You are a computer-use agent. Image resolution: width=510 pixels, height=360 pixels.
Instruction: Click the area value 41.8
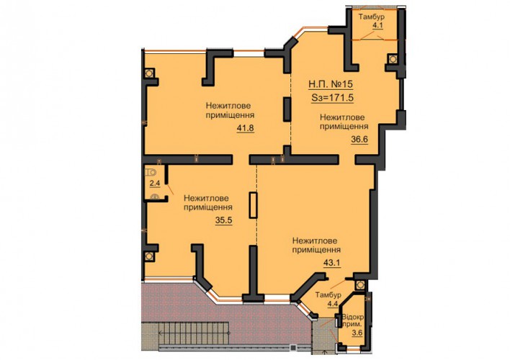245,128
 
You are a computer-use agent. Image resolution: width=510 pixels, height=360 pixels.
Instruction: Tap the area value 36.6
359,139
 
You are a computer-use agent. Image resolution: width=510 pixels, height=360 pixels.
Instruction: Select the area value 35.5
223,220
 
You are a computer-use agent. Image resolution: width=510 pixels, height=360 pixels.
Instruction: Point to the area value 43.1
332,263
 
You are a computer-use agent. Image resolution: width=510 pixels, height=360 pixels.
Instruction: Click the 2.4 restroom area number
154,184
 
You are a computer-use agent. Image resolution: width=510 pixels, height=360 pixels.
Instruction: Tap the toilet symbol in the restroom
151,171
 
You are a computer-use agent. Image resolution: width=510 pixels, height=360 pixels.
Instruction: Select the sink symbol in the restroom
155,197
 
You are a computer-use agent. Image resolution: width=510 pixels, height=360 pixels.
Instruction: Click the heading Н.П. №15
331,84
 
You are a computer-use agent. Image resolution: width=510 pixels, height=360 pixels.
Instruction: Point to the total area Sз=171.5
332,98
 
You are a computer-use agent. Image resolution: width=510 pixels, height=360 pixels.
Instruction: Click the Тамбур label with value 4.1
372,17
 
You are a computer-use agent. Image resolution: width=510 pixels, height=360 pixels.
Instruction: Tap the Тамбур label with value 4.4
328,295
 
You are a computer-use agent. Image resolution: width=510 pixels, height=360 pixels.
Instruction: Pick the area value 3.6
357,333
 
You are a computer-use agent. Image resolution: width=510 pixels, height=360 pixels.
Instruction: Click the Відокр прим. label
353,320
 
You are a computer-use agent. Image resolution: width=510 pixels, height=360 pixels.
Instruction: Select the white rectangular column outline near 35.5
253,205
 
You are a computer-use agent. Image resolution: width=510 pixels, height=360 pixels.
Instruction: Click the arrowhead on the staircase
161,333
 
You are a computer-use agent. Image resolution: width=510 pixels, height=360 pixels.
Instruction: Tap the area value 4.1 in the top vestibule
377,25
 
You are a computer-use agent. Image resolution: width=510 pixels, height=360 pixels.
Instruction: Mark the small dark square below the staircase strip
293,348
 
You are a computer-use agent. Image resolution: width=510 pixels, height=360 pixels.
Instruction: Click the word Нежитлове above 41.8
228,106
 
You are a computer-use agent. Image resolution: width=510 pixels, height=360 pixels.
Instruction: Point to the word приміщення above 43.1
316,250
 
